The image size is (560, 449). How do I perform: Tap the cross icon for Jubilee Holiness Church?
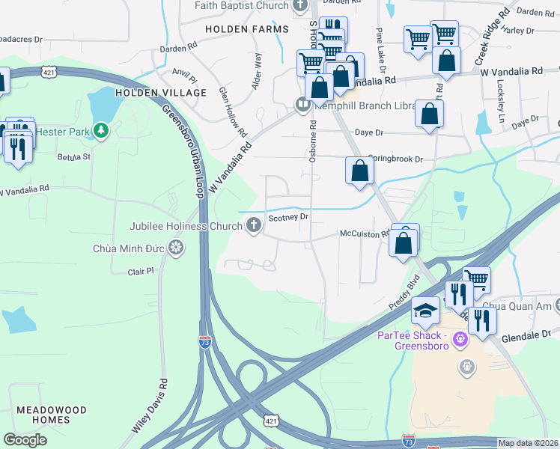tap(255, 225)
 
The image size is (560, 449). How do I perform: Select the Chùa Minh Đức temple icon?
tap(176, 248)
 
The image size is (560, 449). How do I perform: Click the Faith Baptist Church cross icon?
tap(300, 5)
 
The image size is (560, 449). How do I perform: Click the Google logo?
tap(25, 439)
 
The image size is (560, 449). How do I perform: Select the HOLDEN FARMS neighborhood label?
tap(246, 29)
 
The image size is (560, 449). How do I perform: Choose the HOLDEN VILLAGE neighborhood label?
tap(161, 92)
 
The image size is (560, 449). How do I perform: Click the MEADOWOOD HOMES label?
tap(52, 416)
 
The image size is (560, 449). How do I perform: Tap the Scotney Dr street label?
tap(289, 217)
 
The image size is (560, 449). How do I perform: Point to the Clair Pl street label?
tap(140, 272)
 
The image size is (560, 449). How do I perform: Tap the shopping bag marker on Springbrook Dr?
tap(360, 171)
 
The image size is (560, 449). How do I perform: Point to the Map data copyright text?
tap(528, 443)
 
